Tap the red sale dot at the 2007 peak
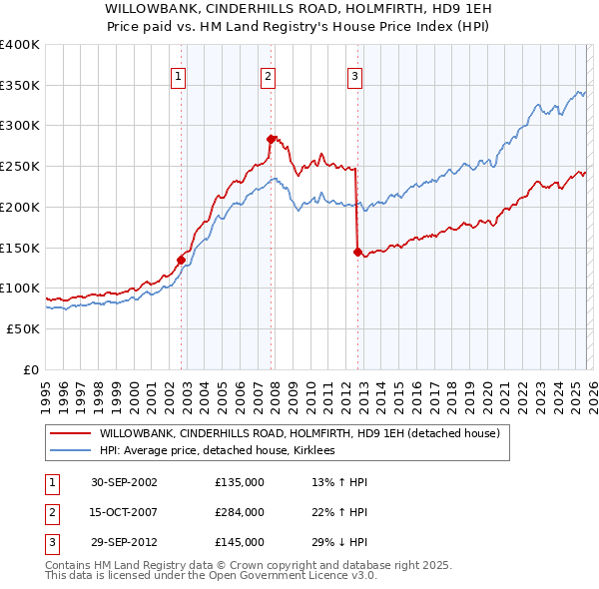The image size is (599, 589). coord(271,139)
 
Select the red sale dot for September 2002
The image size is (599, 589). coord(181,260)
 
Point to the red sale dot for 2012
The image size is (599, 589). coord(357,252)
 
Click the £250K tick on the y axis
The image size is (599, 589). coord(19,166)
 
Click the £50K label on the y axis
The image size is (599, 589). coord(22,328)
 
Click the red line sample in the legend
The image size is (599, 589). coord(70,433)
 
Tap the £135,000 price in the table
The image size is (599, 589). coord(239,482)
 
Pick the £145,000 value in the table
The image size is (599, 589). coord(239,542)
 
